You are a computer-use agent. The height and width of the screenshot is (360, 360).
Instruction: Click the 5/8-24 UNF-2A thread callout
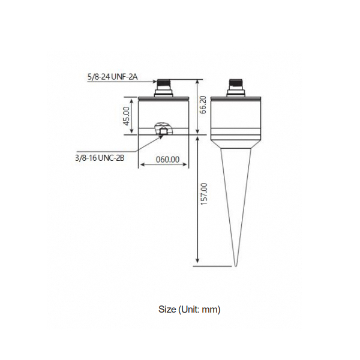113,77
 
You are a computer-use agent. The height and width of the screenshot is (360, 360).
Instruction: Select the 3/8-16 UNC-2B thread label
100,158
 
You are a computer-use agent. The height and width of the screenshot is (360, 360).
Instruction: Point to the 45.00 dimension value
127,116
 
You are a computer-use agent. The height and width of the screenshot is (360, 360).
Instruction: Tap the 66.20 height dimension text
203,104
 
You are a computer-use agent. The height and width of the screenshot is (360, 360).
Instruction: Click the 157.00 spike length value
204,194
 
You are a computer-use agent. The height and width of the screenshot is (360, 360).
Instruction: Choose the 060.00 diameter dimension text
167,160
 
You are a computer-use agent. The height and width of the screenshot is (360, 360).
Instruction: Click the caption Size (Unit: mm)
190,310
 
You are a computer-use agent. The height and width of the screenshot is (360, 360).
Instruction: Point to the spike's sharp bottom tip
236,266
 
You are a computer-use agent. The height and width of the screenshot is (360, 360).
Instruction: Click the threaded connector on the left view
163,88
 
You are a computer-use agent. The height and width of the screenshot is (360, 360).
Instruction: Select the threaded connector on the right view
236,88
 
